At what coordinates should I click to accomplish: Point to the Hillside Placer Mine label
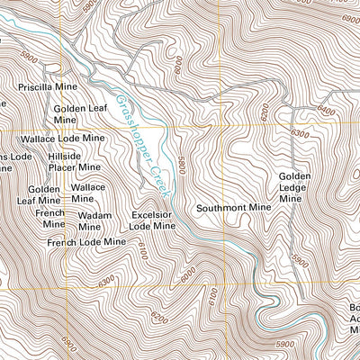[76, 161]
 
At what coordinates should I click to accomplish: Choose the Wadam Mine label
[94, 221]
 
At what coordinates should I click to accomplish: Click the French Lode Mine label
[86, 243]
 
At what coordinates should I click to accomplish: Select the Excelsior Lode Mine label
[151, 221]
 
